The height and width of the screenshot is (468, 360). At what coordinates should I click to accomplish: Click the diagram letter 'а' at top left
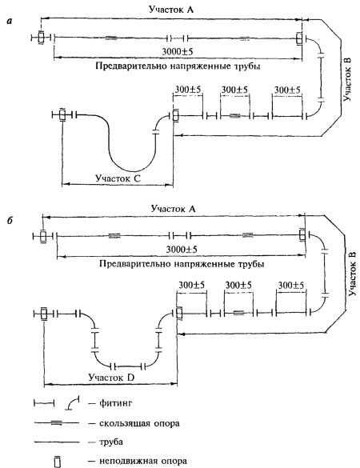coord(10,21)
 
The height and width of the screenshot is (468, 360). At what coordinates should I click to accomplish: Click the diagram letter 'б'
coord(10,221)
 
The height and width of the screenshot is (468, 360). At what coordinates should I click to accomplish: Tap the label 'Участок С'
coord(118,178)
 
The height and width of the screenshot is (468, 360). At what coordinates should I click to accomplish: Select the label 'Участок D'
coord(111,378)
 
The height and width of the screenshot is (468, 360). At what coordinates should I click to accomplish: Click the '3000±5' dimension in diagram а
coord(178,52)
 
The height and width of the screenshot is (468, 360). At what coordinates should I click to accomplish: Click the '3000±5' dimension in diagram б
coord(182,250)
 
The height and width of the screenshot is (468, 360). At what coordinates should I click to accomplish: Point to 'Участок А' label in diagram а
coord(171,10)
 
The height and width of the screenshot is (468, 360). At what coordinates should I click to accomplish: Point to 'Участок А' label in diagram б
coord(174,208)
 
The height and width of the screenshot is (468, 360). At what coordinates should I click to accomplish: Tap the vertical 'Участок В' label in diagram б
coord(352,274)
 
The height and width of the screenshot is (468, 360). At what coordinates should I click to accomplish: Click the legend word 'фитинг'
coord(115,403)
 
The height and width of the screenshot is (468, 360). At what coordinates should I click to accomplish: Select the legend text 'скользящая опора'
coord(139,423)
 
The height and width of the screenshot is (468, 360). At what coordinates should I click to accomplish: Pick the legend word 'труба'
coord(110,442)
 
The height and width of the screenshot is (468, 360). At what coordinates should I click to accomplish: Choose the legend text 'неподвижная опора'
coord(143,461)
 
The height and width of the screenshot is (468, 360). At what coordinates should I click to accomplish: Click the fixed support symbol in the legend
coord(58,462)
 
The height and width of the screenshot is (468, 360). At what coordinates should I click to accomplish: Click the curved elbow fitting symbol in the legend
coord(72,403)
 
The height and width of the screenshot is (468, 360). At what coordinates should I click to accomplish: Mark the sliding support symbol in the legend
coord(57,422)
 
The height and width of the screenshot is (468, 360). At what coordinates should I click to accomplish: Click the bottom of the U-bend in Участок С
coord(132,171)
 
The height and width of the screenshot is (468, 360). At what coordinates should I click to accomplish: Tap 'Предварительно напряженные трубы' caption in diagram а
coord(178,66)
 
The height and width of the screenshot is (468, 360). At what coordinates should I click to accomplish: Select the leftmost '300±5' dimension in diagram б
coord(192,286)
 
